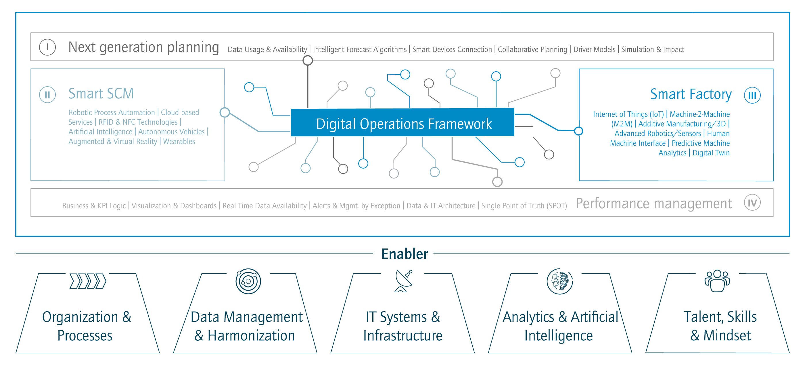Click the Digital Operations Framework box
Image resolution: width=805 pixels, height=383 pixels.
click(402, 123)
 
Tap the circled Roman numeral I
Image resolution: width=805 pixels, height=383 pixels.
click(47, 47)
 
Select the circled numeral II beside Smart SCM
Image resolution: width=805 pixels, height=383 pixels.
click(47, 94)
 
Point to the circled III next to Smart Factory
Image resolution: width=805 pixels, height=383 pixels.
click(752, 95)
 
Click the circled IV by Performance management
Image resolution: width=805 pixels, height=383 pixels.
click(752, 203)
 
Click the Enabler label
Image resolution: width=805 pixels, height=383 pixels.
click(403, 254)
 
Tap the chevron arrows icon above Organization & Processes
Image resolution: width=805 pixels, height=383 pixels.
click(87, 281)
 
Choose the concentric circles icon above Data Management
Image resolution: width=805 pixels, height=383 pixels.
click(248, 281)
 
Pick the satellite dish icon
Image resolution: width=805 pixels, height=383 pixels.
click(402, 281)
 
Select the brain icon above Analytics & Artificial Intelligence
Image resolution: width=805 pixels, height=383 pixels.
click(559, 281)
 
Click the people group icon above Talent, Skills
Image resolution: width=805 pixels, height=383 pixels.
click(717, 281)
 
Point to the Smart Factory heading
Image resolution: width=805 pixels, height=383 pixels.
click(691, 94)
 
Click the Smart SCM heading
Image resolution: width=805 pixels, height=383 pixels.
click(101, 94)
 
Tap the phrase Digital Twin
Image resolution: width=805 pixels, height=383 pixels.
click(711, 153)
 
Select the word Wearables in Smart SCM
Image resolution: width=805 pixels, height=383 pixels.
click(179, 142)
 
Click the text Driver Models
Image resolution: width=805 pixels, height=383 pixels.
click(594, 49)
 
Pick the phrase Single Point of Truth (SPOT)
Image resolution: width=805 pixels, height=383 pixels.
click(524, 206)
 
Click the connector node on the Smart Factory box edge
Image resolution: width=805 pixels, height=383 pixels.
click(579, 130)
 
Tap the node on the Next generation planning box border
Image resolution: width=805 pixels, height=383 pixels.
click(308, 60)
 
